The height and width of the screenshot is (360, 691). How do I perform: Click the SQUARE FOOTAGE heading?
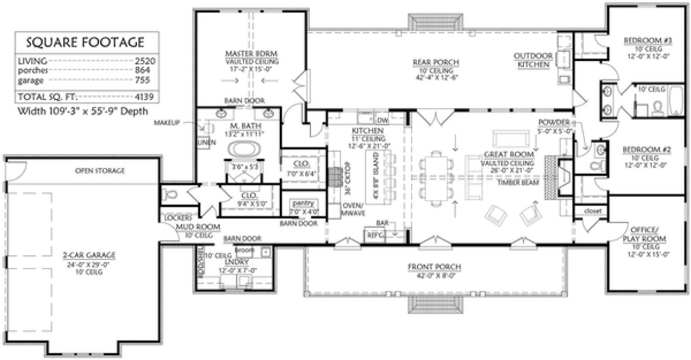click(84, 43)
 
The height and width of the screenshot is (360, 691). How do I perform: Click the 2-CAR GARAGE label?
click(90, 255)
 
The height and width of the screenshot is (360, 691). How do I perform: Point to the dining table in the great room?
click(436, 176)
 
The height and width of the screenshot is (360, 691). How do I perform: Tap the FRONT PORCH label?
click(435, 267)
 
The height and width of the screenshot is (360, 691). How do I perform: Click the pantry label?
click(303, 203)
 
